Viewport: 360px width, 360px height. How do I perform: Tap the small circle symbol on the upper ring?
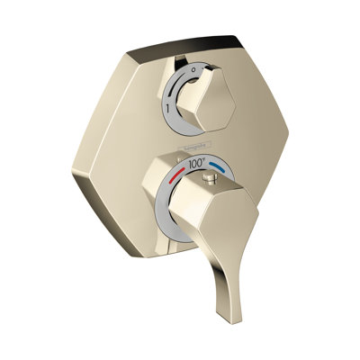pyautogui.click(x=197, y=66)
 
